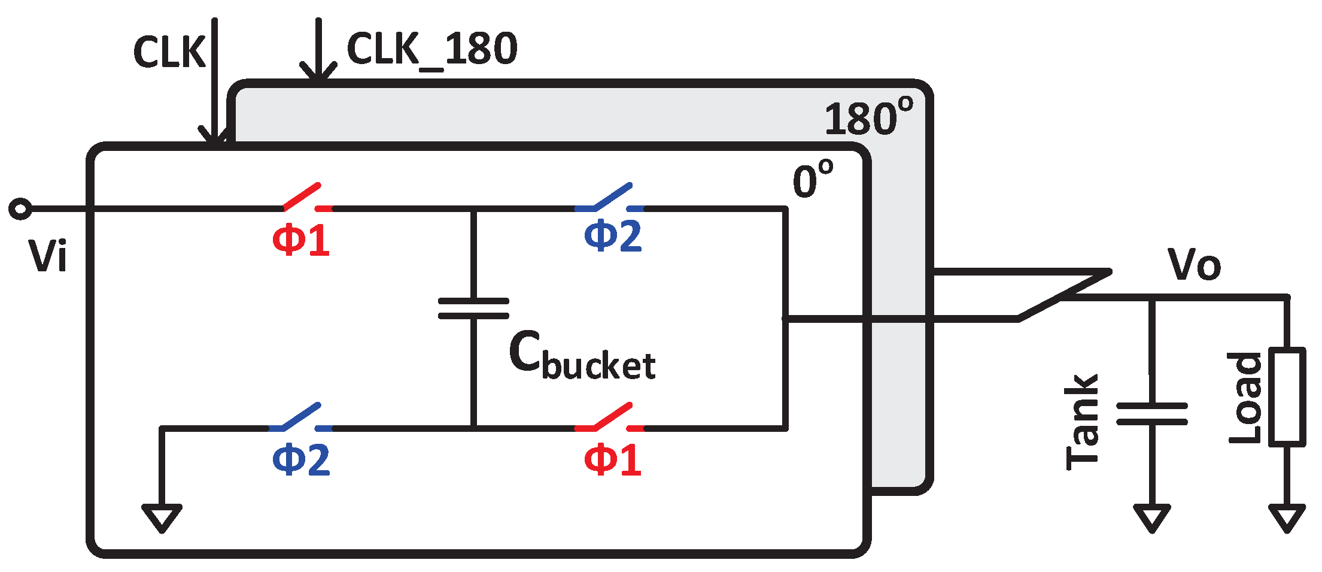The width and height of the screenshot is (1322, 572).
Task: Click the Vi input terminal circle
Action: (x=20, y=208)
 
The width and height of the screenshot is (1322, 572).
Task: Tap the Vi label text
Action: (x=47, y=256)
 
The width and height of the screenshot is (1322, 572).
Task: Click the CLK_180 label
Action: (x=431, y=49)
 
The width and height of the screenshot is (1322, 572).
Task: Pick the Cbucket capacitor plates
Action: (x=473, y=308)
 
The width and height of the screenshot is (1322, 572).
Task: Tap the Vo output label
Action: (x=1194, y=264)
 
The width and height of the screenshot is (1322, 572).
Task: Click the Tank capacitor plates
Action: (x=1151, y=414)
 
